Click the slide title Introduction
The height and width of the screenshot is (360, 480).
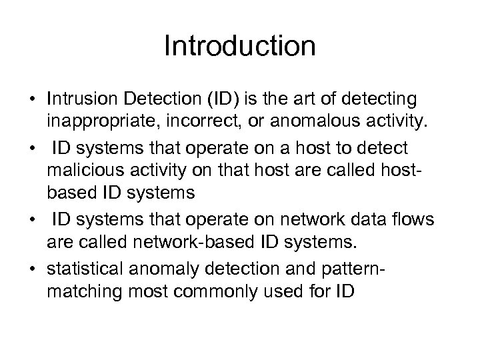[x=239, y=47]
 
